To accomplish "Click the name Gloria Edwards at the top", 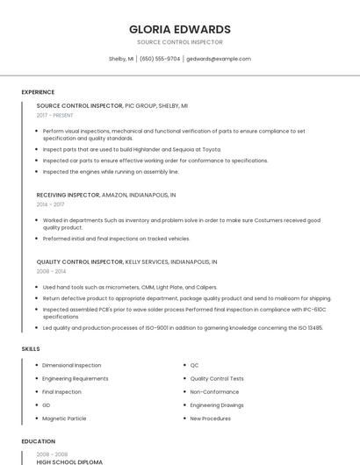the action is [x=180, y=29].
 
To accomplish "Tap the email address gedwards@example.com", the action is [x=219, y=59].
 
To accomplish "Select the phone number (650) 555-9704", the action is [x=160, y=59].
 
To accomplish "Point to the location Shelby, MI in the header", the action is [x=121, y=59].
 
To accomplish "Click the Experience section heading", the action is [x=38, y=91].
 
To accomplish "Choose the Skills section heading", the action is [x=30, y=348].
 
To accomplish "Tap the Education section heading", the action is [x=38, y=441].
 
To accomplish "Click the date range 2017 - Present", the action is [x=54, y=115].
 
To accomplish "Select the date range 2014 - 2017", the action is [x=50, y=204].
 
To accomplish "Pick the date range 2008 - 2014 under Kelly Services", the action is [x=51, y=272].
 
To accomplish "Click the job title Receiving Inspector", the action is [x=68, y=195].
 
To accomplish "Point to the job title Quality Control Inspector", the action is [x=79, y=261].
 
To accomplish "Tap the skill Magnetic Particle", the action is [x=64, y=418].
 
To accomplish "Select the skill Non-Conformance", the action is [x=214, y=391].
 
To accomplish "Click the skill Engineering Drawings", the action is [x=217, y=405].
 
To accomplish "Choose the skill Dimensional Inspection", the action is [x=71, y=365].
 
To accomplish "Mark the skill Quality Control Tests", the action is [x=217, y=378].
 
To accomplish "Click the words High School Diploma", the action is [x=69, y=461].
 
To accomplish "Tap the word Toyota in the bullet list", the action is [x=211, y=149].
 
